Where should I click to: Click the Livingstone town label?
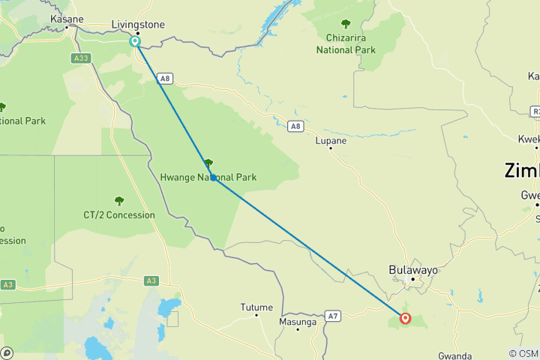pos(137,25)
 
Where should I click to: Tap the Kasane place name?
pos(66,19)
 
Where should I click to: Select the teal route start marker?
pos(135,42)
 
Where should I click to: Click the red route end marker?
pos(406,318)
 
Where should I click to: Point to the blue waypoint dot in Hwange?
pos(214,178)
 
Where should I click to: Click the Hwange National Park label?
pos(208,178)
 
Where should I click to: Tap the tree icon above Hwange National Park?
pos(208,163)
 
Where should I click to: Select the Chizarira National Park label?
pos(351,44)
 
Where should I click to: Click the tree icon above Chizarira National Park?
pos(345,24)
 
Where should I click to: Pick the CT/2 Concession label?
pos(119,215)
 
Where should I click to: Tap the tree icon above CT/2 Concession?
pos(118,200)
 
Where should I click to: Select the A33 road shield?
pos(82,58)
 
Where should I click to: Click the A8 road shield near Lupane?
pos(295,126)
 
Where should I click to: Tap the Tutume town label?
pos(256,307)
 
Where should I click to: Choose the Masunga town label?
pos(298,321)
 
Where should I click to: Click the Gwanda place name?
pos(454,356)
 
